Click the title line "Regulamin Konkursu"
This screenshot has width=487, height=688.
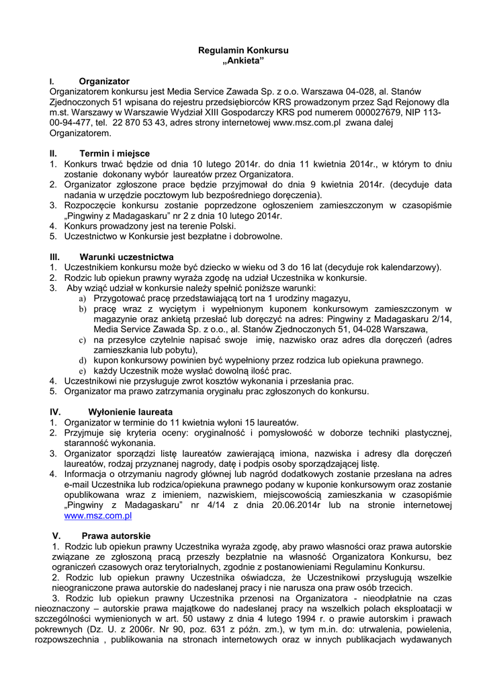click(243, 50)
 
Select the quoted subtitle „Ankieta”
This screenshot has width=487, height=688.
click(243, 61)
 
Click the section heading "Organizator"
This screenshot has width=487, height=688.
click(104, 81)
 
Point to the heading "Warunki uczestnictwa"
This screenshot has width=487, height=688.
click(126, 257)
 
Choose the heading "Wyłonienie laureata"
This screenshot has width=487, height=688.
click(130, 411)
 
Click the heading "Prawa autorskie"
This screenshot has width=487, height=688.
click(116, 535)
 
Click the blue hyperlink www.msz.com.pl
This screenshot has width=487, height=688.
click(97, 515)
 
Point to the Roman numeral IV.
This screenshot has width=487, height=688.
click(55, 411)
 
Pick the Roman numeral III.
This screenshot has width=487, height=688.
click(55, 257)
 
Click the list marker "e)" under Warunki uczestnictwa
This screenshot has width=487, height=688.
click(83, 370)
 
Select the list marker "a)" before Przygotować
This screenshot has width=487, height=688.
click(83, 298)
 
